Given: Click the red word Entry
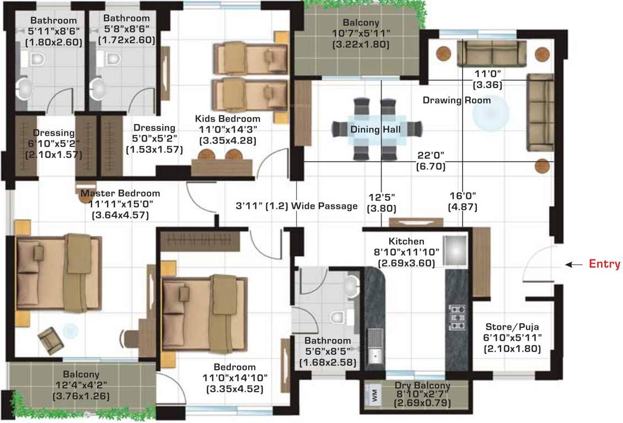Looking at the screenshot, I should point(605,264).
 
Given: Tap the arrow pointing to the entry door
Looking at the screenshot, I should point(575,265).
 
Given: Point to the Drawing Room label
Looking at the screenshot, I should point(456,100).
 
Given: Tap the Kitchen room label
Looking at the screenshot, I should point(406,241).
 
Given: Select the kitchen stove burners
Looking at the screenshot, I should point(457,317).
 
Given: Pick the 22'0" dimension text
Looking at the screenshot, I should point(431,156).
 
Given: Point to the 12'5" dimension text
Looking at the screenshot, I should point(382,196).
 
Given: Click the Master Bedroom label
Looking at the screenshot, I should point(120,193).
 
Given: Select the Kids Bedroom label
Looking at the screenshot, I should point(228,119).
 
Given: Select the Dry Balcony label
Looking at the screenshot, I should point(422,386).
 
